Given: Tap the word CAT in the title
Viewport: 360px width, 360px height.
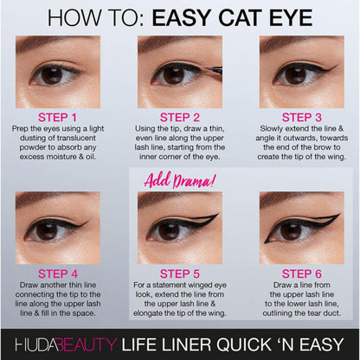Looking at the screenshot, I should [241, 17].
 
